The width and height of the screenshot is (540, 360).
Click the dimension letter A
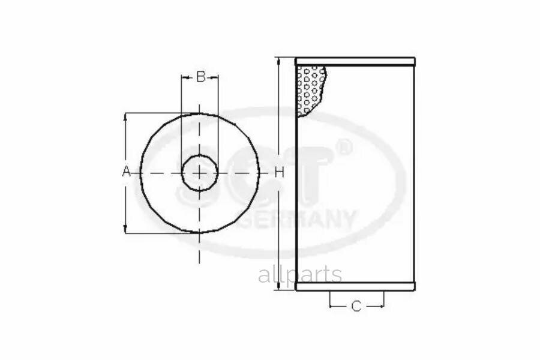coord(127,171)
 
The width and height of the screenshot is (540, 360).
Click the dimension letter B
coord(200,76)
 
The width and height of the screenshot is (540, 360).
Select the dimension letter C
coord(356,306)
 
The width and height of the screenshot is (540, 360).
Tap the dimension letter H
coord(279,172)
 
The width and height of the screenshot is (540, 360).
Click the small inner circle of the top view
coord(182,172)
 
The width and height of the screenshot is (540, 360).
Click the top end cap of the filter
coord(355,62)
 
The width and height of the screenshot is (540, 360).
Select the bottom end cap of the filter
coord(355,286)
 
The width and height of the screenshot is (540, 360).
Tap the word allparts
coord(300,275)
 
